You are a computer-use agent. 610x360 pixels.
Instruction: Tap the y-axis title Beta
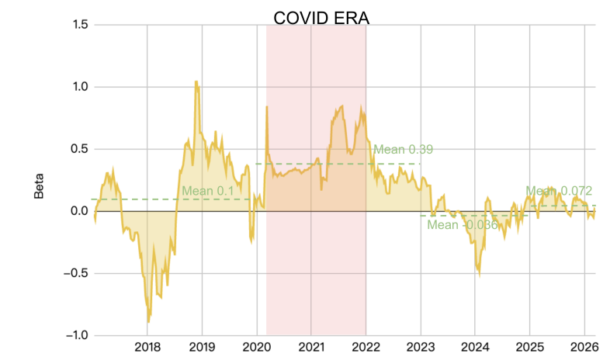tap(39, 185)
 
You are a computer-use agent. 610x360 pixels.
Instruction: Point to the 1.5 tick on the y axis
tap(78, 25)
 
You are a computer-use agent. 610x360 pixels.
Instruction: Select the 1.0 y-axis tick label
tap(78, 87)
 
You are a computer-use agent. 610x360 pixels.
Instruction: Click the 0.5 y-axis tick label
tap(78, 149)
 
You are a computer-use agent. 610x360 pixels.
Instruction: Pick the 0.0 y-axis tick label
tap(78, 211)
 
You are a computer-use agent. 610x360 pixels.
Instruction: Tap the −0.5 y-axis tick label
tap(76, 273)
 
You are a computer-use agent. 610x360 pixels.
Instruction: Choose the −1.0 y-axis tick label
tap(76, 335)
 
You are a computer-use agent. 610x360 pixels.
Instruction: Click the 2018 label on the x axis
tap(147, 347)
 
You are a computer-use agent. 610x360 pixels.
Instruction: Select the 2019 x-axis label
tap(202, 347)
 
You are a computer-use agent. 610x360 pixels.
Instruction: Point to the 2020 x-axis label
tap(257, 347)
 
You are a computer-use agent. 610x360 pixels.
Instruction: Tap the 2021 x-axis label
tap(311, 347)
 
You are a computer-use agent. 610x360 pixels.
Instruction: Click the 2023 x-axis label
tap(421, 347)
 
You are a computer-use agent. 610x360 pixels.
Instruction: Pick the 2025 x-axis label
tap(530, 347)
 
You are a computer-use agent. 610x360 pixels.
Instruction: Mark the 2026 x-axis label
tap(584, 347)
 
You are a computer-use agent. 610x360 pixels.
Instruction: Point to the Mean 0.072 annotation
tap(559, 191)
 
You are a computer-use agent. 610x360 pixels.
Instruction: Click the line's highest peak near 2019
tap(196, 81)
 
